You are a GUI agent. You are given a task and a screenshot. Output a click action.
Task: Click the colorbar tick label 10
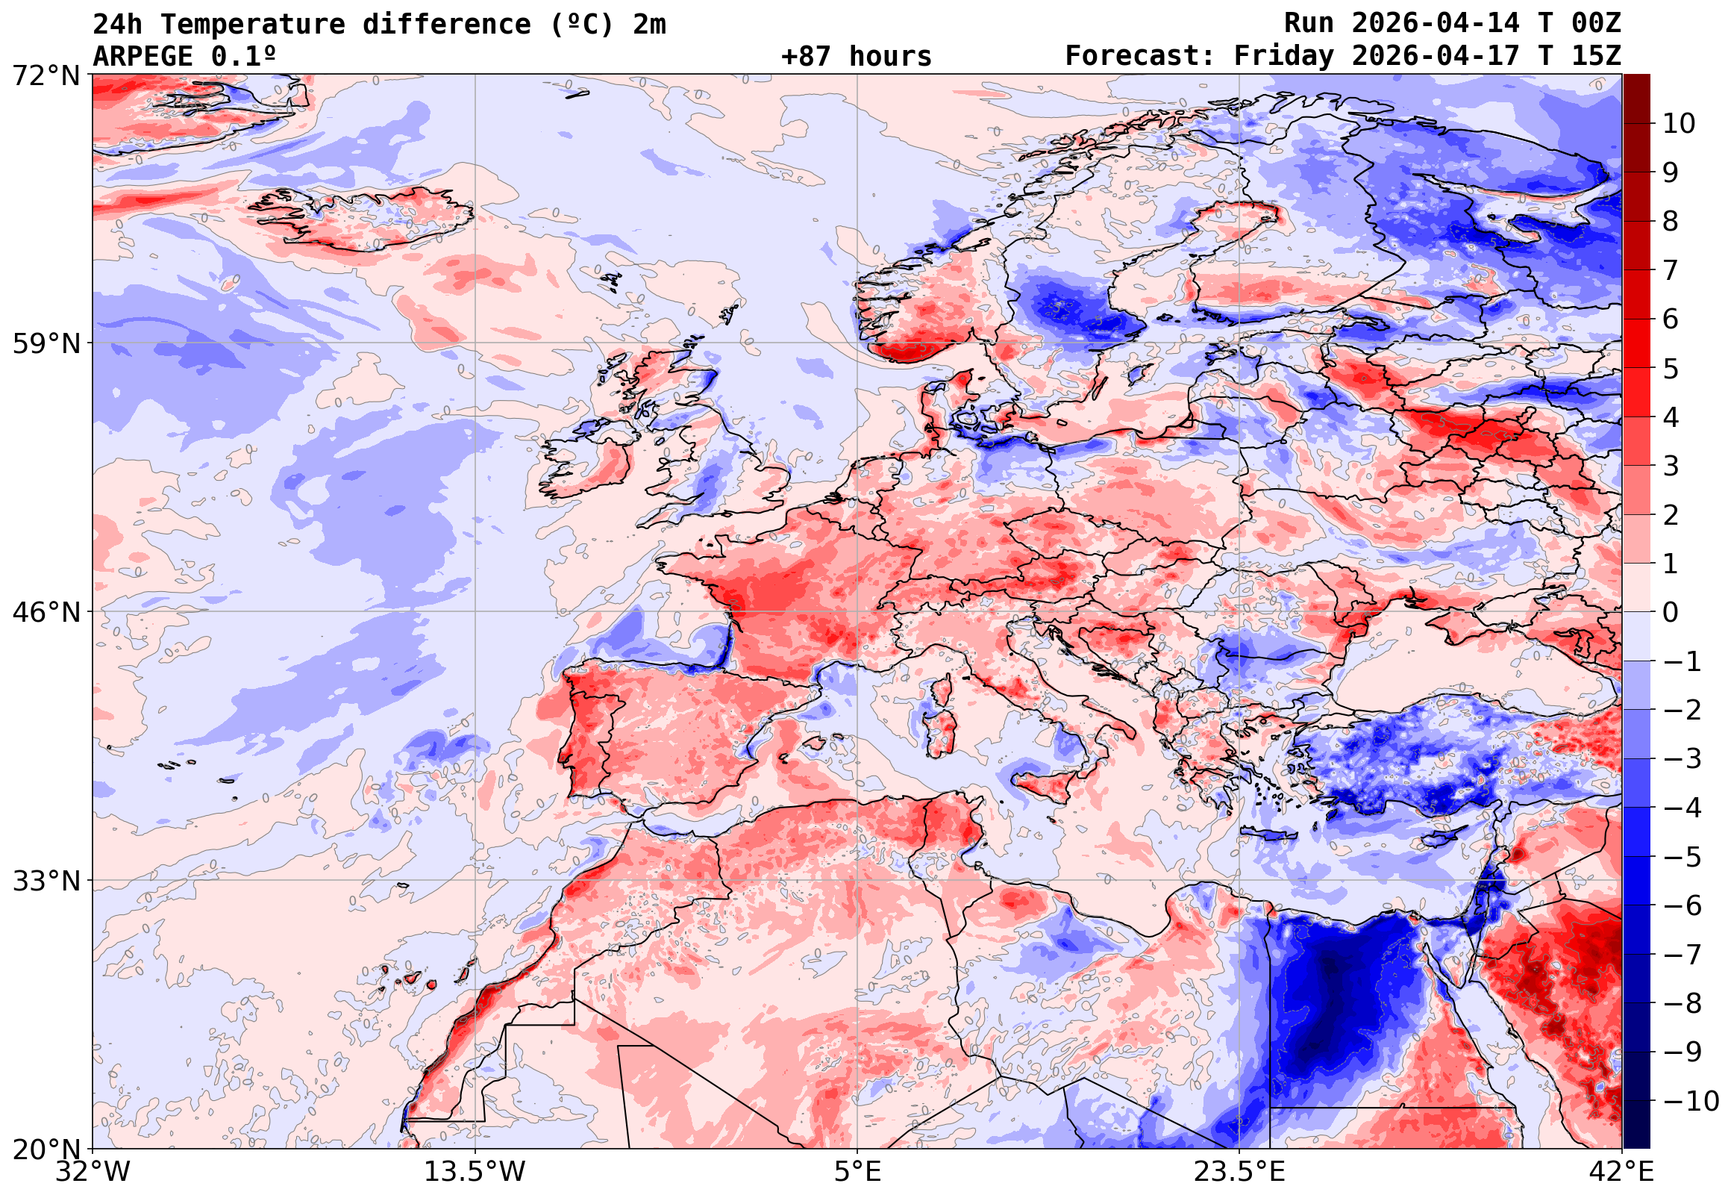point(1680,124)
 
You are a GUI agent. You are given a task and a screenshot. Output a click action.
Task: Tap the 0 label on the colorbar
point(1671,613)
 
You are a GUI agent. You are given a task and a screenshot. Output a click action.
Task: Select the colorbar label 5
point(1671,369)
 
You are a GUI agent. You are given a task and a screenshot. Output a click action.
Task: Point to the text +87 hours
point(856,56)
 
